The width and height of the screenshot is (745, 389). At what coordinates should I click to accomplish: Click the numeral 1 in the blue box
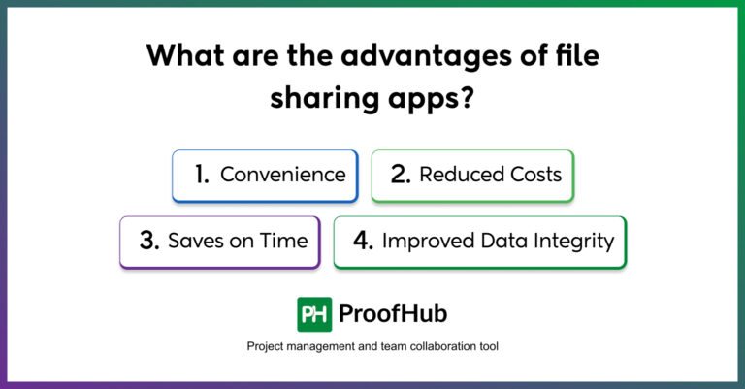[x=202, y=175]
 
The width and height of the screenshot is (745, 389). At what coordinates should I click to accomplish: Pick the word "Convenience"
[x=282, y=175]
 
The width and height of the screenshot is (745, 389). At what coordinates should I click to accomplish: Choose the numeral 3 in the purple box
[x=148, y=242]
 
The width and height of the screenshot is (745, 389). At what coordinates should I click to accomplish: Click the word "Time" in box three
[x=284, y=242]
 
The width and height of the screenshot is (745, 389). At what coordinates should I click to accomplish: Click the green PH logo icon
[x=314, y=314]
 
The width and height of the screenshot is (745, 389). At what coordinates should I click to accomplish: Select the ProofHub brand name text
[x=393, y=314]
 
